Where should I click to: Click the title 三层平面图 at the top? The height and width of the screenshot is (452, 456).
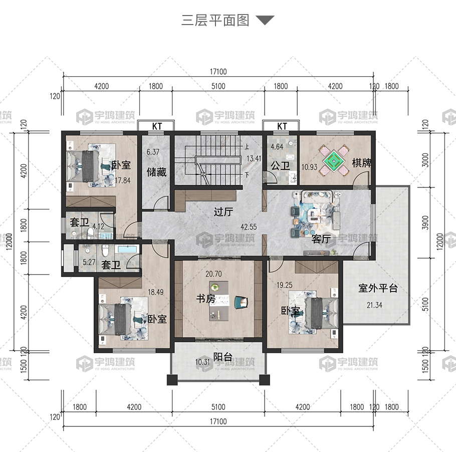(x=215, y=21)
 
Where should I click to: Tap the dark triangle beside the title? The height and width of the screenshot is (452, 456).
(x=265, y=20)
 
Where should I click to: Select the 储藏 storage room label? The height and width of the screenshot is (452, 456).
(x=156, y=172)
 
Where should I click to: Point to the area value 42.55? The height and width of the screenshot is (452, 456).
(x=249, y=227)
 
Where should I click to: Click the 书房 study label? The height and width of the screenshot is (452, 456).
(x=205, y=299)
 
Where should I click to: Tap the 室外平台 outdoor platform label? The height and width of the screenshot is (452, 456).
(x=378, y=288)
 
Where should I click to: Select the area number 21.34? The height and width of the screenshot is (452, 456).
(x=374, y=305)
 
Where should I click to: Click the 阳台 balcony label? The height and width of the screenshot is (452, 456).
(x=223, y=357)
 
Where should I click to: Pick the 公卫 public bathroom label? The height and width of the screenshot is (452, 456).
(x=280, y=166)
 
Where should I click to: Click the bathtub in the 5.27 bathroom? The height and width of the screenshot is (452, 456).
(x=127, y=250)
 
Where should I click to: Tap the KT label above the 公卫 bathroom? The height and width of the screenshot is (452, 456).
(x=282, y=126)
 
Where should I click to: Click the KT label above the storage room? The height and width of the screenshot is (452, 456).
(x=157, y=126)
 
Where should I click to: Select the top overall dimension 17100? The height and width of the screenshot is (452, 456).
(x=218, y=72)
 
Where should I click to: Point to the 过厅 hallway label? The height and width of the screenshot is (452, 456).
(x=223, y=211)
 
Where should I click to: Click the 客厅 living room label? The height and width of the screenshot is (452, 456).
(x=321, y=239)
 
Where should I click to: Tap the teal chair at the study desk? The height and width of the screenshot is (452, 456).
(x=242, y=302)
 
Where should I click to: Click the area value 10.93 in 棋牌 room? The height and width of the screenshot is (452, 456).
(x=309, y=167)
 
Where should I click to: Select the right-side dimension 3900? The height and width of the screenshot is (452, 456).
(x=425, y=222)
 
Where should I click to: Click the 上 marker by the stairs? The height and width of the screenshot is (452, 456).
(x=247, y=146)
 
